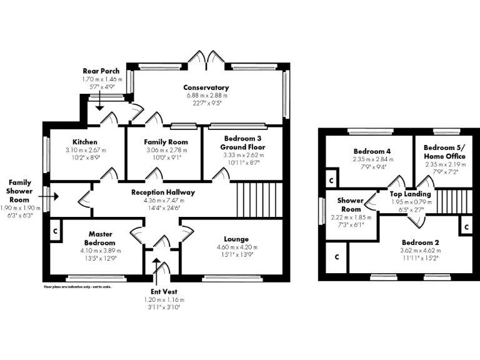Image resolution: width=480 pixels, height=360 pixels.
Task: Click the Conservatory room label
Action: (x=206, y=87)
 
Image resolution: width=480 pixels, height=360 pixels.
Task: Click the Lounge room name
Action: (x=236, y=239)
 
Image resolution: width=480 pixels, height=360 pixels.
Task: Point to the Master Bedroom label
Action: (x=100, y=238)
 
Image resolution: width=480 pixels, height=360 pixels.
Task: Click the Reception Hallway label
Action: (x=162, y=192)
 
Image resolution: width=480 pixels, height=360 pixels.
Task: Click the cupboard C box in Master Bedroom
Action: (x=56, y=230)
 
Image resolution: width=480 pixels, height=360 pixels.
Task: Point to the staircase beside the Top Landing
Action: (x=448, y=201)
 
